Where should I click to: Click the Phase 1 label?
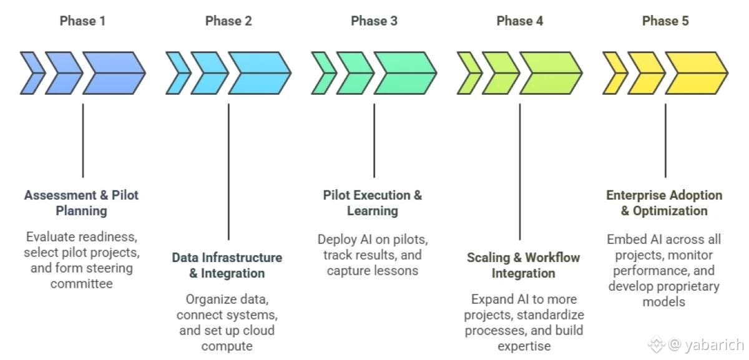pos(82,21)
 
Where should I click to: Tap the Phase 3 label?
pos(374,21)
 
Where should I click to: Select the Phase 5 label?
pos(665,21)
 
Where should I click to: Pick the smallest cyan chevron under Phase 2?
pos(178,73)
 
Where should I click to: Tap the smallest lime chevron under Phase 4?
pos(469,73)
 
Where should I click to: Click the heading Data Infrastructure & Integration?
pos(227,265)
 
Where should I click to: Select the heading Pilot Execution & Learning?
pos(373,203)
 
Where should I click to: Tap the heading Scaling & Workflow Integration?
pos(523,265)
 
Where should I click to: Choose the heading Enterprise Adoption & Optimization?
pos(664,203)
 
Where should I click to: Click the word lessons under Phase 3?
pos(396,271)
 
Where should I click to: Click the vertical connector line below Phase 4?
pos(520,175)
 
